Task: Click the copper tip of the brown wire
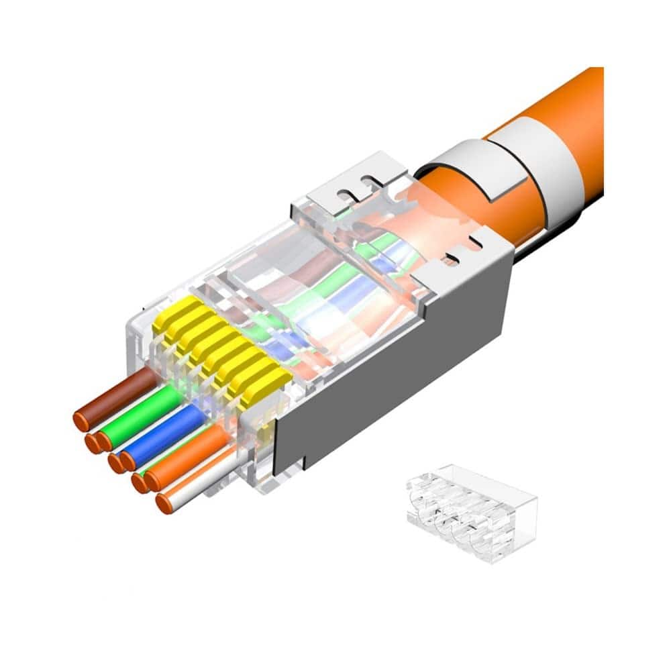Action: tap(81, 421)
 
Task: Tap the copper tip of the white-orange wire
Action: tap(164, 503)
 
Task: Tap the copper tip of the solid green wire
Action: tap(104, 441)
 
